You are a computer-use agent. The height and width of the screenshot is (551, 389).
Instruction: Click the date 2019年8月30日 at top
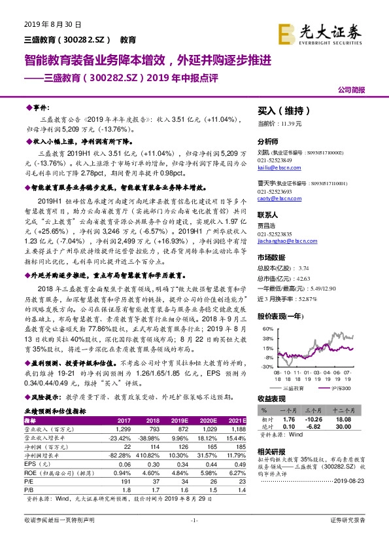coord(53,24)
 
